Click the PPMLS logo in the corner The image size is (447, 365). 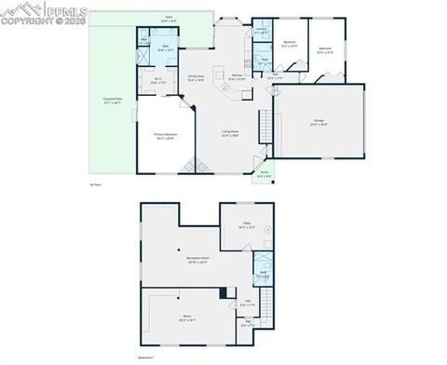[33, 12]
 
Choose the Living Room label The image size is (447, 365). [230, 136]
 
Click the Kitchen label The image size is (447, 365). [237, 77]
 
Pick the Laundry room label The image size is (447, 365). [262, 30]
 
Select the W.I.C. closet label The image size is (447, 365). [159, 81]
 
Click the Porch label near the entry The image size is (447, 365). [264, 174]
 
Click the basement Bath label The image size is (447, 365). [264, 274]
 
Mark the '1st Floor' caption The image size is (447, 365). [95, 185]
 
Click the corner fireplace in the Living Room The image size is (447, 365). [199, 168]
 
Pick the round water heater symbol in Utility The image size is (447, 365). [268, 228]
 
